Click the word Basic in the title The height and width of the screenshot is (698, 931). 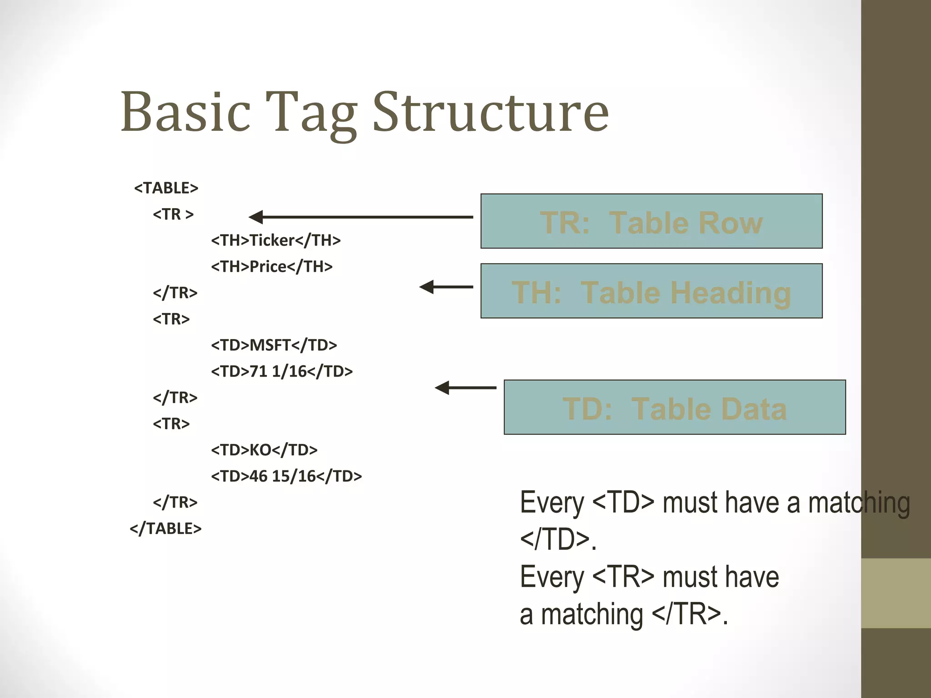pos(185,113)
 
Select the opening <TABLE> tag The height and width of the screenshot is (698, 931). pos(166,188)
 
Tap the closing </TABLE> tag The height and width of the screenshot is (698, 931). pos(165,528)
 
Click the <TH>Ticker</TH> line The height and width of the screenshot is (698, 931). pos(275,240)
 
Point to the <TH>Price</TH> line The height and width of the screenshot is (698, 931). pos(271,266)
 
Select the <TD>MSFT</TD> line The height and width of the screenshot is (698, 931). pos(274,345)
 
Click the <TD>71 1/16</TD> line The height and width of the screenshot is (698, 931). pos(281,371)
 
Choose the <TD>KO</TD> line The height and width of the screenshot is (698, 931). pos(264,450)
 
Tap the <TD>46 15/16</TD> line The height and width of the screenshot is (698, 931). pos(286,476)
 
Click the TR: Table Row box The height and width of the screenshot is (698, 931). pos(651,221)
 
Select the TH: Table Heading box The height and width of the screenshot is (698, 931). pos(651,291)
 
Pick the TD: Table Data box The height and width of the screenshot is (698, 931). pos(675,407)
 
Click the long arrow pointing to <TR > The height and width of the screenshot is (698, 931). pos(361,217)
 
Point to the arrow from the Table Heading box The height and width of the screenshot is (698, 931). pos(446,287)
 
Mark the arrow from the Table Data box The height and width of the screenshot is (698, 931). pos(465,388)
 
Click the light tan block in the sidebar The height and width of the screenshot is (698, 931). pos(896,593)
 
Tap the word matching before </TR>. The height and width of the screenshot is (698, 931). pos(592,614)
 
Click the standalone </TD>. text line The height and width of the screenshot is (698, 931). pos(558,540)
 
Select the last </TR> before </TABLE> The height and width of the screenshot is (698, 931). pos(175,502)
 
